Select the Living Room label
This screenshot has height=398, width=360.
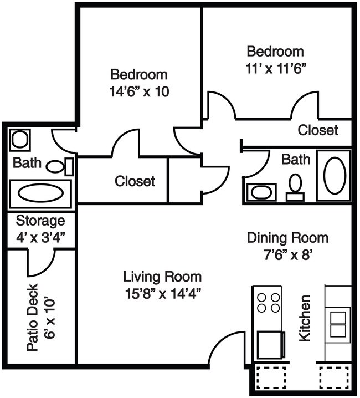pos(162,276)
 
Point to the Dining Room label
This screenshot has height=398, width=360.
pos(287,238)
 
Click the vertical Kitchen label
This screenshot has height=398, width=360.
pos(304,318)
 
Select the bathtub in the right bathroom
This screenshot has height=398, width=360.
pos(334,176)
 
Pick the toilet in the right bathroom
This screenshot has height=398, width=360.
pos(295,185)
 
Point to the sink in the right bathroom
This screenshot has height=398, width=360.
pos(260,192)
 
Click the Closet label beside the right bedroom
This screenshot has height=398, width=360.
pos(317,130)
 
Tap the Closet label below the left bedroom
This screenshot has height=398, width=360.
pos(135,181)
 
